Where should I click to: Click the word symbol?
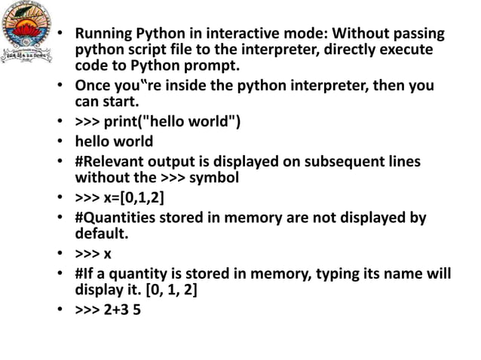click(213, 178)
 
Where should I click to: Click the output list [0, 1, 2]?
click(166, 291)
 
